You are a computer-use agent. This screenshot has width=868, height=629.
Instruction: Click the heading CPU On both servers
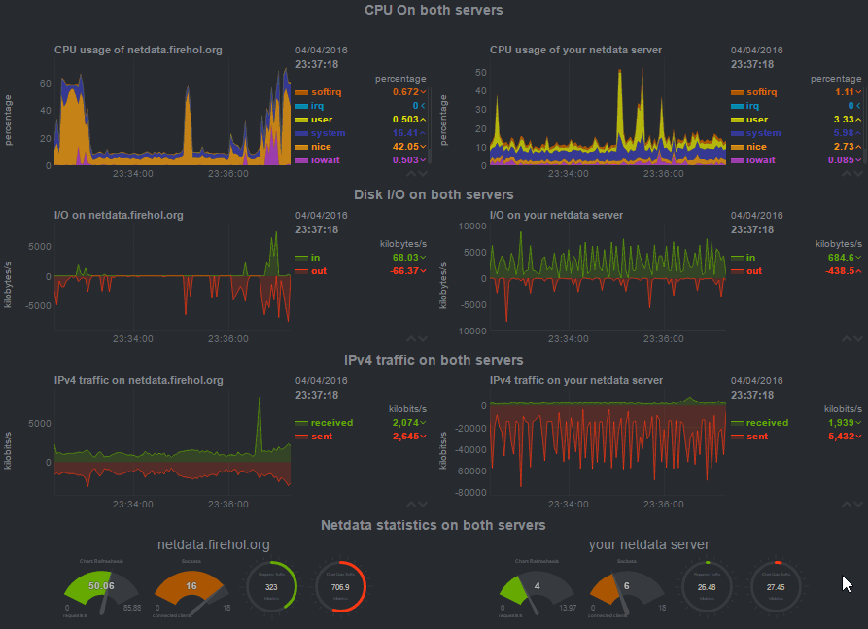tap(434, 10)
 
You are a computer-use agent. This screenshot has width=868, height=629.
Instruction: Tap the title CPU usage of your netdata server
tap(575, 49)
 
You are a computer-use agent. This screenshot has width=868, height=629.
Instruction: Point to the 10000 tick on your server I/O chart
tap(470, 225)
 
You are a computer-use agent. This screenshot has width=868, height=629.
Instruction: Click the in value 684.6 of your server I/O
tap(839, 257)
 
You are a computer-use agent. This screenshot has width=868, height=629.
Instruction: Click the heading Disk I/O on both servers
tap(434, 194)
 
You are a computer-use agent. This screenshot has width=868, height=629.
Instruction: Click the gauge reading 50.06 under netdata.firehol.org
tap(100, 586)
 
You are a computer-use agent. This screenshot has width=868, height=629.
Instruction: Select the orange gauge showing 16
tap(191, 586)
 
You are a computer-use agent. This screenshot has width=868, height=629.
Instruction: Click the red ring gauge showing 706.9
tap(340, 587)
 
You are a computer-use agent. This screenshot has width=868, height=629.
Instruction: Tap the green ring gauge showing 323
tap(270, 587)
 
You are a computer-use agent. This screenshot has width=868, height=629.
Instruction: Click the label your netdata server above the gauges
tap(648, 544)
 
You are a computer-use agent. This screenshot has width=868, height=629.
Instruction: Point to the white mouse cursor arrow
tap(846, 583)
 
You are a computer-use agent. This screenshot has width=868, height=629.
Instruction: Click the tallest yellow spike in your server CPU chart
tap(618, 87)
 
